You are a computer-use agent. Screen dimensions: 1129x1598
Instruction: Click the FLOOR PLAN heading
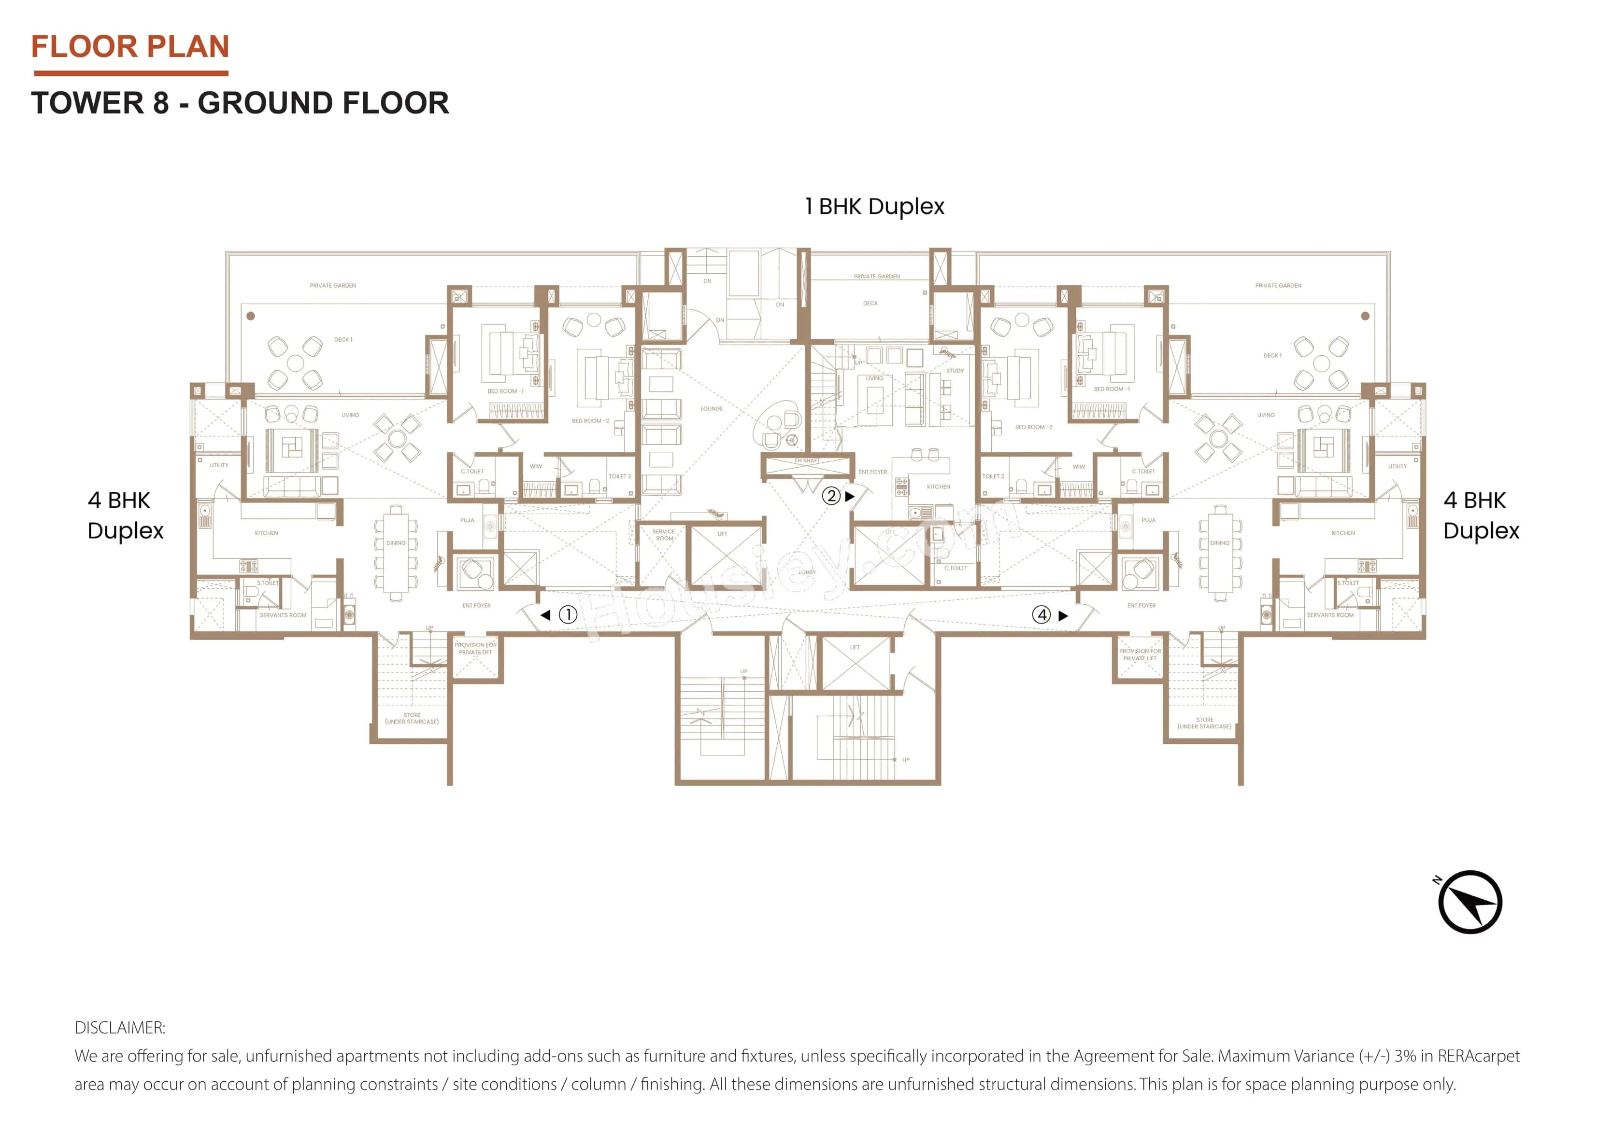click(x=130, y=47)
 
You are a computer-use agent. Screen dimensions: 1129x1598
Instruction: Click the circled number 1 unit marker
click(x=568, y=615)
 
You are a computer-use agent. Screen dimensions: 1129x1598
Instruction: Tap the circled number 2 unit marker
click(x=831, y=496)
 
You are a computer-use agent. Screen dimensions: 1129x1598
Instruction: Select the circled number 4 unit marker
click(x=1041, y=615)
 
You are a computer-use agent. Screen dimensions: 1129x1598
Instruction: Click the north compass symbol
click(x=1470, y=902)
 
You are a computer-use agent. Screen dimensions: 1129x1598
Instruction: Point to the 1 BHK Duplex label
click(x=874, y=207)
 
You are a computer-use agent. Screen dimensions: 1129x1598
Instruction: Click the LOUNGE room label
click(x=711, y=409)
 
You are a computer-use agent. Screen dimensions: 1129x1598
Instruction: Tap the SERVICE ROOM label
click(x=664, y=535)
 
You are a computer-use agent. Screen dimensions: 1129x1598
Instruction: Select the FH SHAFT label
click(x=807, y=460)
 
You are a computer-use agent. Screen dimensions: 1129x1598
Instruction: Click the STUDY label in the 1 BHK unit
click(x=955, y=371)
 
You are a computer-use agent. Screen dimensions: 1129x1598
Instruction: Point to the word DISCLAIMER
click(x=120, y=1028)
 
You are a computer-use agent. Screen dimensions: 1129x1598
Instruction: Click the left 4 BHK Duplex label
click(x=125, y=516)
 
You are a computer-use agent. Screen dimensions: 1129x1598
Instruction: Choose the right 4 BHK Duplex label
click(x=1481, y=516)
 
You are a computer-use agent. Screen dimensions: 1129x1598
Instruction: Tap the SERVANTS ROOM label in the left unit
click(x=283, y=615)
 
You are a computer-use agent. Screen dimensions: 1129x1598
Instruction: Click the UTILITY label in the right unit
click(x=1397, y=466)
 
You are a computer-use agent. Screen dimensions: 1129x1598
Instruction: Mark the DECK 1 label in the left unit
click(x=343, y=339)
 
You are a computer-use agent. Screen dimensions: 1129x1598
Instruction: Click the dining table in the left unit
click(x=396, y=550)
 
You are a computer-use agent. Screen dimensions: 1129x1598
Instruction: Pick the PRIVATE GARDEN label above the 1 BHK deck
click(x=876, y=276)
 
